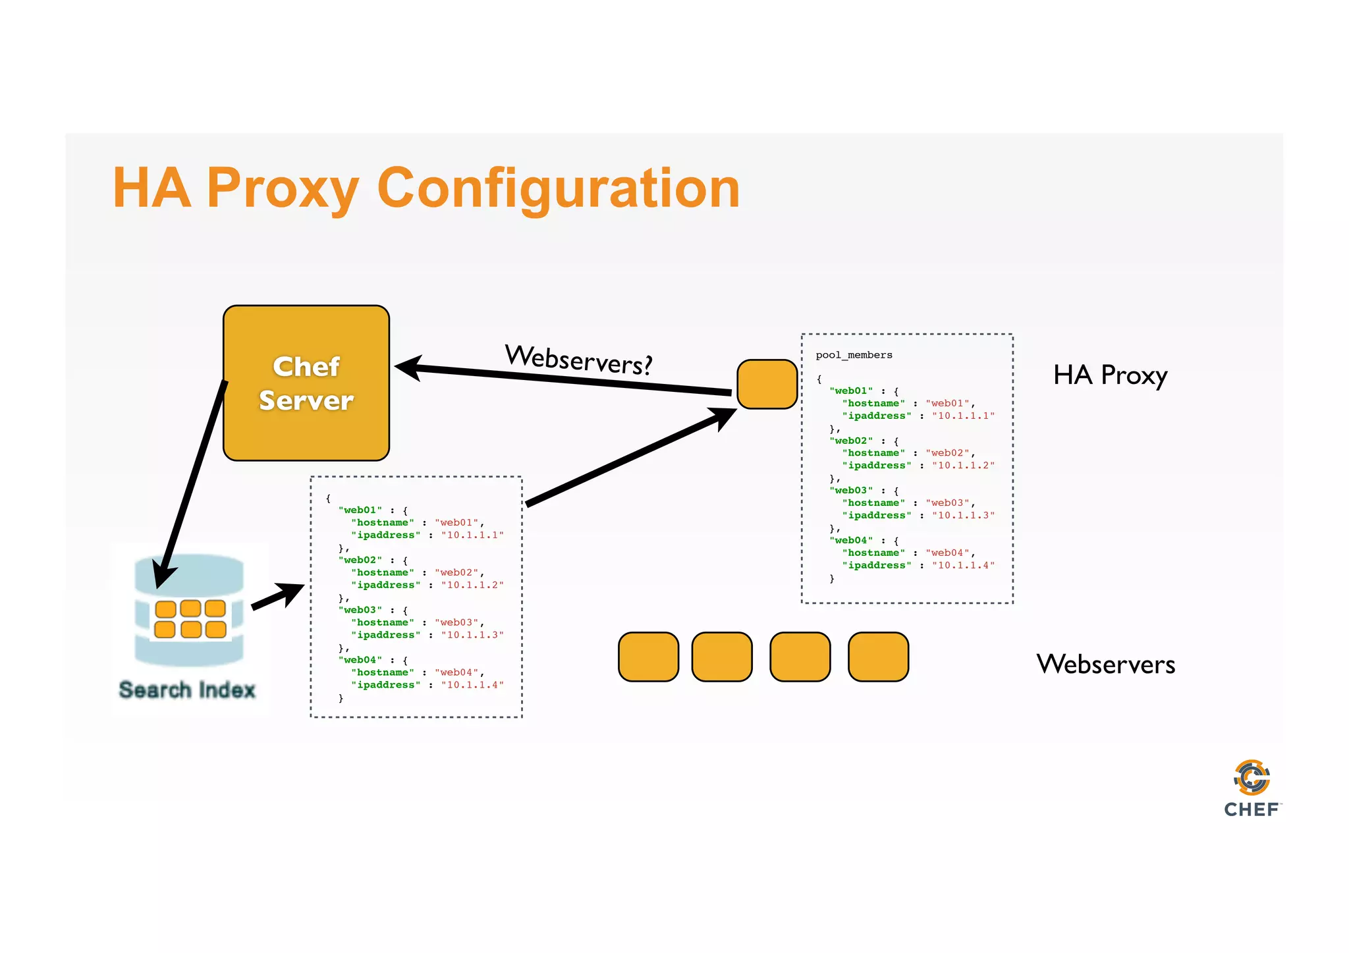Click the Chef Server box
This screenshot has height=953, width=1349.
(x=306, y=383)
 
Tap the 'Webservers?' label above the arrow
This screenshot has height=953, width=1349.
(x=578, y=360)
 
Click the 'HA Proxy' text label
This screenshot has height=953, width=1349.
(x=1110, y=375)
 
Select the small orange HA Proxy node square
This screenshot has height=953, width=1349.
(x=767, y=384)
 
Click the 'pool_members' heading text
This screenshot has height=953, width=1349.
(x=854, y=355)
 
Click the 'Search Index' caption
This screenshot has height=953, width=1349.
(x=187, y=690)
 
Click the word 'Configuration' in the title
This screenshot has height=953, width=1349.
(x=559, y=188)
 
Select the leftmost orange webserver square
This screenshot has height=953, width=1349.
(x=648, y=657)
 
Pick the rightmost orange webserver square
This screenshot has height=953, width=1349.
(x=878, y=657)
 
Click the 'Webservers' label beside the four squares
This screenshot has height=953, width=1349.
(x=1105, y=664)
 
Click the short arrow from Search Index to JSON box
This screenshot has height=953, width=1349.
(x=277, y=596)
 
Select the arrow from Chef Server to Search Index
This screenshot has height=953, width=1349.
(x=191, y=484)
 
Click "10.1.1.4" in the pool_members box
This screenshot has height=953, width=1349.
(x=963, y=565)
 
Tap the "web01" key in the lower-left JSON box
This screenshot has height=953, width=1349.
(x=360, y=510)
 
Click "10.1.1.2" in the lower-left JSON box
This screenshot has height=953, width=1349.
(x=472, y=585)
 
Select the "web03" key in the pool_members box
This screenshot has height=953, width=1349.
(x=851, y=490)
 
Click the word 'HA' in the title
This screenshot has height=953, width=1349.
(x=151, y=188)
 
